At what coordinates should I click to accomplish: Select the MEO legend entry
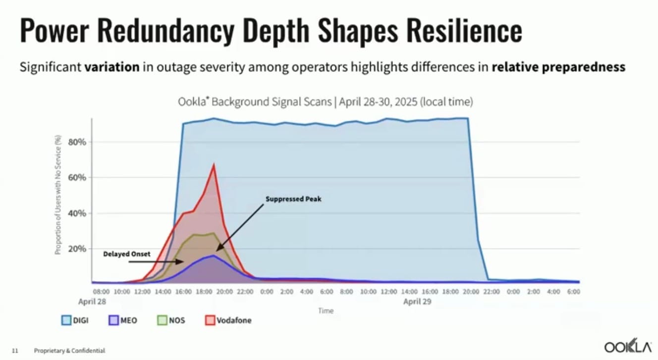[x=122, y=320]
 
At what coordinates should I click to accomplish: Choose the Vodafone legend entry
[x=228, y=320]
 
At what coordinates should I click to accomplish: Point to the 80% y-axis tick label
[x=77, y=142]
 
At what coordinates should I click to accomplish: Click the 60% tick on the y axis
[x=77, y=177]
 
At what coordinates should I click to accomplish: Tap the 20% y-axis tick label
[x=77, y=249]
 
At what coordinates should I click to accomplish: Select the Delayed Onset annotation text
[x=126, y=254]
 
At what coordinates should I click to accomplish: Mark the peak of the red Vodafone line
[x=214, y=164]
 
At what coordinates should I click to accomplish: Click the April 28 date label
[x=92, y=301]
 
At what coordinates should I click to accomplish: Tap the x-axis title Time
[x=326, y=311]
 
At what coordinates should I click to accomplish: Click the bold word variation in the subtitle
[x=111, y=67]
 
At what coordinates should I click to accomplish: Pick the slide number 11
[x=15, y=351]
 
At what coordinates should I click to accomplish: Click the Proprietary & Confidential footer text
[x=69, y=351]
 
